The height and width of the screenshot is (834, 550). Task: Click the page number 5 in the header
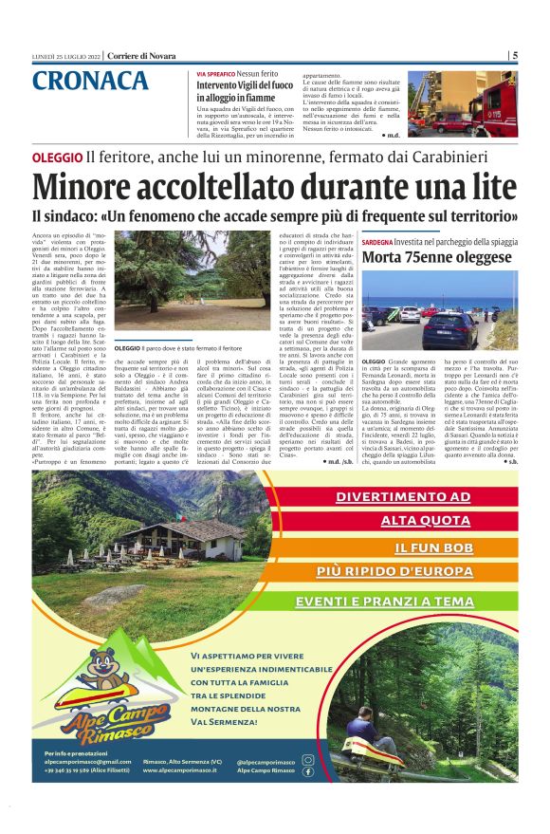point(515,55)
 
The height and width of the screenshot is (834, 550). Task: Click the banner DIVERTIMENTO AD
point(403,497)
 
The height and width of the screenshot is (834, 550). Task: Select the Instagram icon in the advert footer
point(307,760)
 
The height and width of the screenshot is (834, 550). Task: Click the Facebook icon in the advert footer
point(307,772)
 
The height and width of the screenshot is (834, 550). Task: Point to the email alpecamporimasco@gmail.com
point(87,761)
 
